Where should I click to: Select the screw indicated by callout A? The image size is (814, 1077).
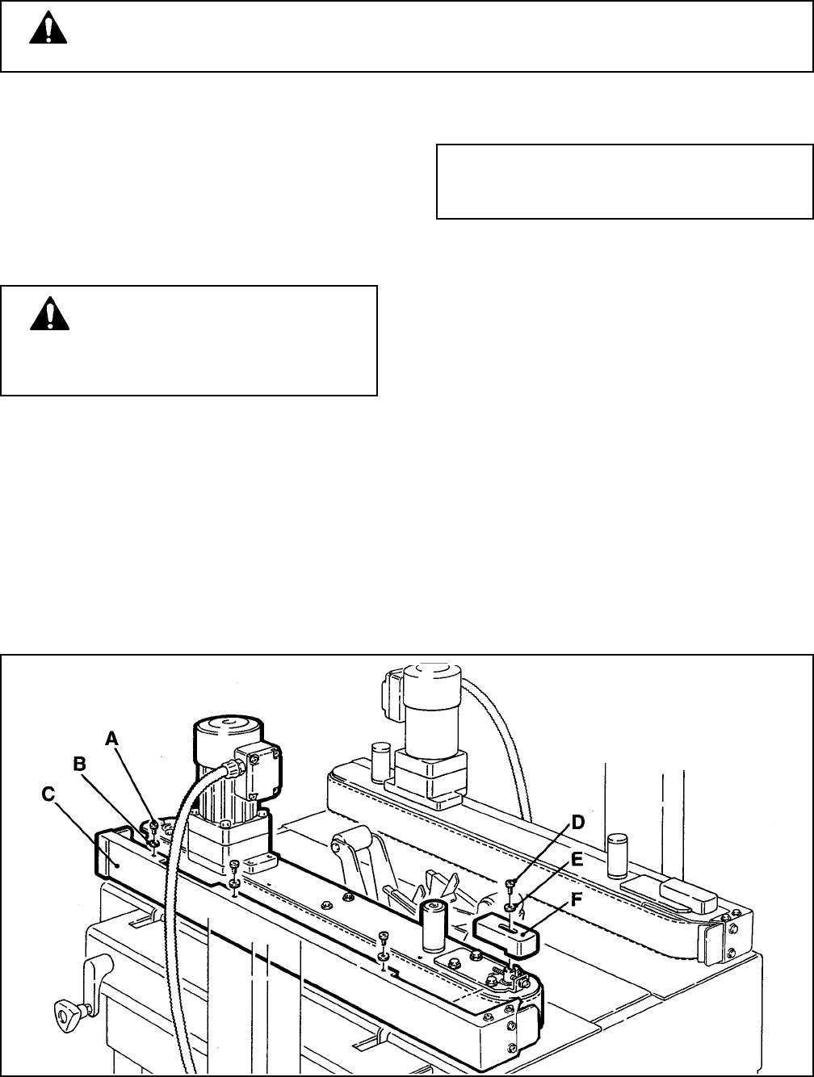click(x=153, y=824)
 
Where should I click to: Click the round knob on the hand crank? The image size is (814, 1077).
click(x=64, y=1009)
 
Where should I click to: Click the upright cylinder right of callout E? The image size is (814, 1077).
click(x=619, y=856)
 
